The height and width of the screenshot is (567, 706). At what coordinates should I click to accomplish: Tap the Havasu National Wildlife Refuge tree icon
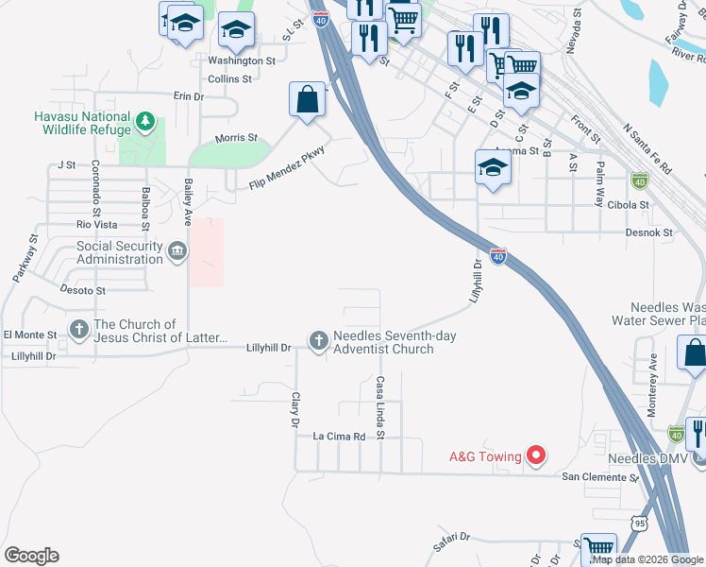144,121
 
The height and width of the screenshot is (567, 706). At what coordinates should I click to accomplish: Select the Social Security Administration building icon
176,251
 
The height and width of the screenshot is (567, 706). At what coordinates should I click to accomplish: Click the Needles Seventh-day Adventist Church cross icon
319,339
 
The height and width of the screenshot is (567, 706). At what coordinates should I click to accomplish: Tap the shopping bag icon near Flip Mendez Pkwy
309,99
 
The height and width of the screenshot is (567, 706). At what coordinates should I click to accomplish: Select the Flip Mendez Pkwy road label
287,169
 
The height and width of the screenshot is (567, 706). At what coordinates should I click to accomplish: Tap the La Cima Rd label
339,437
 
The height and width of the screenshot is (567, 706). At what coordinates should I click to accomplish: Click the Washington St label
241,60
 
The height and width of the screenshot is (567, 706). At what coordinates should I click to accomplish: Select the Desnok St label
647,232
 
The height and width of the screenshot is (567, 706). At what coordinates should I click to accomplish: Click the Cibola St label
629,204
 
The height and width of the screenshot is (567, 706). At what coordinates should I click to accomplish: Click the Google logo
31,556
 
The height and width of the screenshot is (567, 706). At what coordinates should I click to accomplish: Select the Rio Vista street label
97,225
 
